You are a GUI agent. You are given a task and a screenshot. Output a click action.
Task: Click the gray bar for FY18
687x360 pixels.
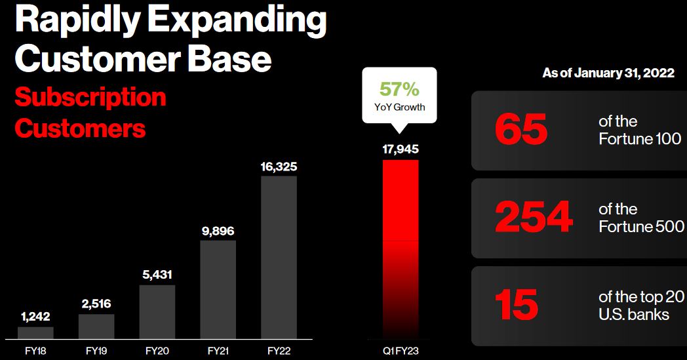(x=35, y=333)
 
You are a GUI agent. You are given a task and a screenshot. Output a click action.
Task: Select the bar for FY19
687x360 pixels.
(x=96, y=327)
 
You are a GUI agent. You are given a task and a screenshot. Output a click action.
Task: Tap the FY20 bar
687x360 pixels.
(x=157, y=311)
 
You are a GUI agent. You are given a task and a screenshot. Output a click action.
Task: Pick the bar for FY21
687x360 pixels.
(x=218, y=289)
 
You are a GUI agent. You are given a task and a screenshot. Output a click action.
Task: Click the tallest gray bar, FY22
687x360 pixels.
(x=279, y=258)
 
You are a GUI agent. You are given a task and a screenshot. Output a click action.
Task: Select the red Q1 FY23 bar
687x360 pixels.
(x=401, y=249)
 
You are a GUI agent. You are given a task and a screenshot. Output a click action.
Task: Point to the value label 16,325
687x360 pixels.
(x=279, y=167)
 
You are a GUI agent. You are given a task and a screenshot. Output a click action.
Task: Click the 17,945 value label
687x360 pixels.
(x=401, y=149)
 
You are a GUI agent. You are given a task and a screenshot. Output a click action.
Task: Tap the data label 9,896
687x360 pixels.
(x=218, y=231)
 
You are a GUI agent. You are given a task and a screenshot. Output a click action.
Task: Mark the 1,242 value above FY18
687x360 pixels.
(x=35, y=317)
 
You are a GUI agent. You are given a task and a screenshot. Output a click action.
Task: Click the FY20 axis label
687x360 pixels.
(x=157, y=351)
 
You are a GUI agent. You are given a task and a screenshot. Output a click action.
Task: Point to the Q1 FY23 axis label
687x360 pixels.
(x=401, y=351)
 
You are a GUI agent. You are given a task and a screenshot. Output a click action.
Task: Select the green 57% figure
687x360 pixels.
(x=399, y=89)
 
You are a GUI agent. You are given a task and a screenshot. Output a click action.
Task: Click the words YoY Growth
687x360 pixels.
(x=400, y=107)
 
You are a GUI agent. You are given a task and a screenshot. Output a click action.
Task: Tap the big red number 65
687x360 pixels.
(x=521, y=130)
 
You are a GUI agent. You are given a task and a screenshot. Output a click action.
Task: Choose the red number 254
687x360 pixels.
(x=534, y=216)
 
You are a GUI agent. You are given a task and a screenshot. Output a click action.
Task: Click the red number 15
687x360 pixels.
(x=517, y=305)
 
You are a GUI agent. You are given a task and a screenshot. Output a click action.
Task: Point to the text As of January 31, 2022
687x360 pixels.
(x=608, y=73)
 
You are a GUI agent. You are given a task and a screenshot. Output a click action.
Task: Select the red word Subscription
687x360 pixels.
(x=90, y=97)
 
